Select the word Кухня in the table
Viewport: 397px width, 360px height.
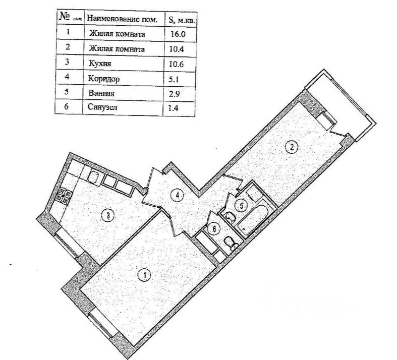point(99,65)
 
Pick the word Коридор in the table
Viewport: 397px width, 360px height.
point(103,79)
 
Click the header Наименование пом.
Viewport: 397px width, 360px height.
point(123,19)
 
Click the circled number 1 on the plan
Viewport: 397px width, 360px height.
point(144,275)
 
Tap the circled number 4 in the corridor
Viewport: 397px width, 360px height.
point(175,195)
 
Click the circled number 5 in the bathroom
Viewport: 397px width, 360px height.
point(242,206)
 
